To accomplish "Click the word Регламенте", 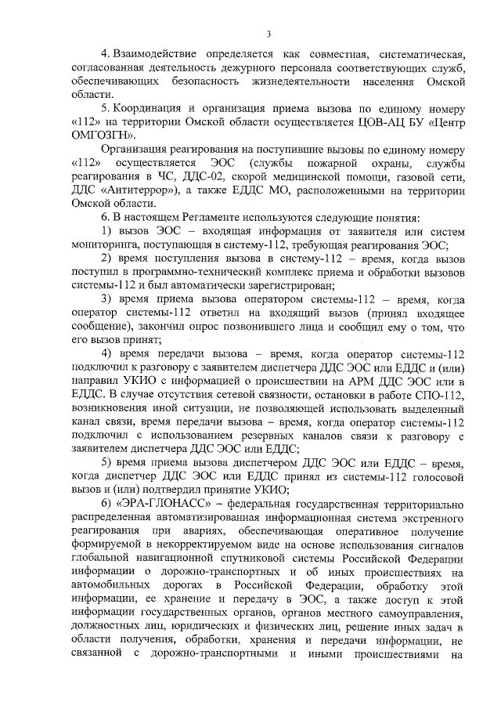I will [x=192, y=216].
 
